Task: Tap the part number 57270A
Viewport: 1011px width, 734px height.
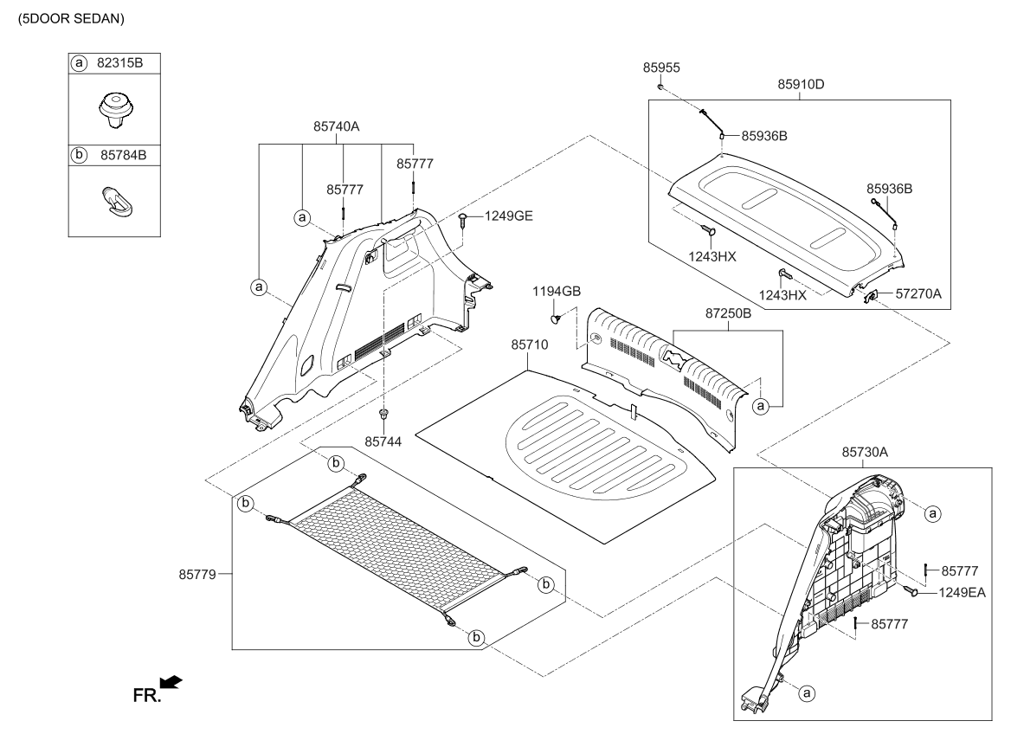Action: [919, 294]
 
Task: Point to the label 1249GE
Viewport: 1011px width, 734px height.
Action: [508, 216]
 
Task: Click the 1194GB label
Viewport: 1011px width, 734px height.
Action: [557, 291]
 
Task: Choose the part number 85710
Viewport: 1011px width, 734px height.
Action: [530, 344]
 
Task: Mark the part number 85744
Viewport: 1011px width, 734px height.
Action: [383, 441]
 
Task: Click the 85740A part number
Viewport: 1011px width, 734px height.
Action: [336, 126]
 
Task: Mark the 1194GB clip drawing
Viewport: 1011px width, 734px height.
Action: [558, 319]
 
